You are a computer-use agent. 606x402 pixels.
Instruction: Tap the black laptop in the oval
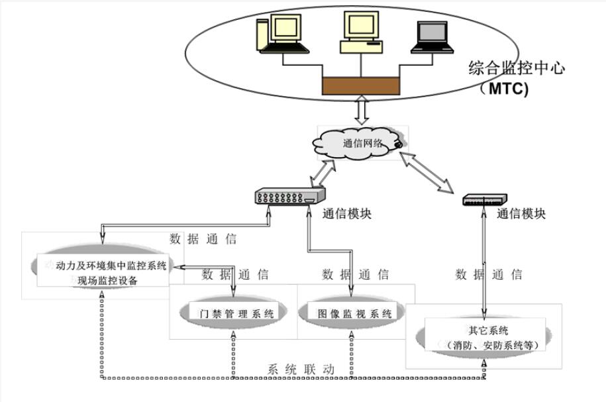click(x=434, y=37)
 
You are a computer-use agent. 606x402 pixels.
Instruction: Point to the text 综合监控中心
click(x=517, y=68)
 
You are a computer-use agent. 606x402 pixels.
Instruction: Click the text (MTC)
click(x=505, y=89)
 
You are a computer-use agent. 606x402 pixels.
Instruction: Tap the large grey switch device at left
click(x=289, y=196)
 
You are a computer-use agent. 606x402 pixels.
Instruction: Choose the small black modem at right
click(x=485, y=199)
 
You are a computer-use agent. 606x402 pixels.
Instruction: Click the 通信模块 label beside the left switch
click(x=347, y=214)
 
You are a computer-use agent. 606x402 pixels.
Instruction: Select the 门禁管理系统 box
click(x=236, y=314)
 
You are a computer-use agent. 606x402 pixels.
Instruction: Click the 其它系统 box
click(x=484, y=336)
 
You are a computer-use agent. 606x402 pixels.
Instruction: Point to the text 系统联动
click(x=301, y=370)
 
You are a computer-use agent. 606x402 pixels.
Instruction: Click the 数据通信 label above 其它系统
click(x=489, y=274)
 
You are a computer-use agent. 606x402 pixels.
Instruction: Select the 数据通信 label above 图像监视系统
click(x=355, y=274)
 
